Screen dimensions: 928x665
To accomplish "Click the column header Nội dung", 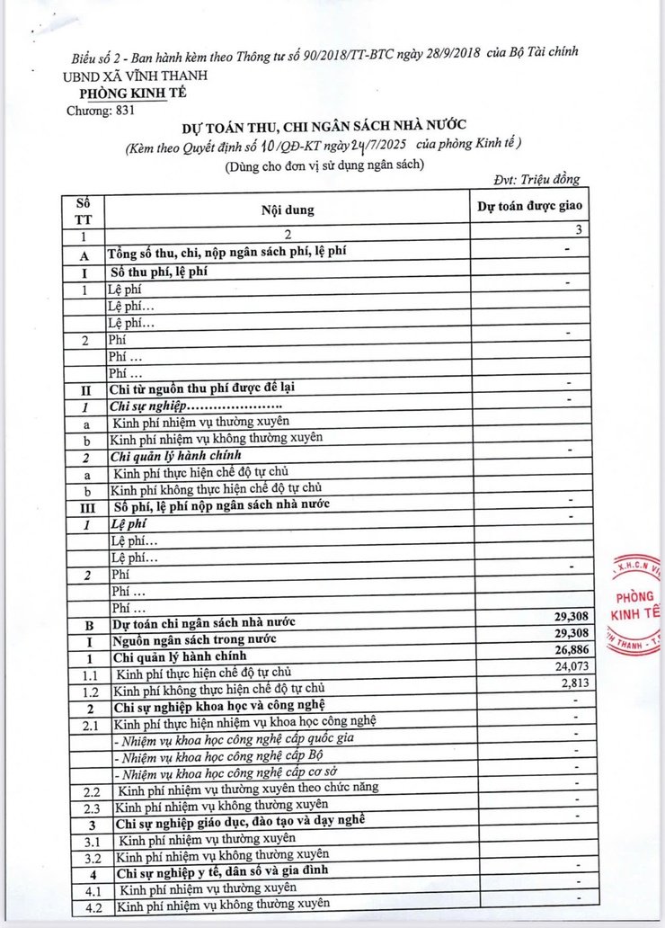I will pyautogui.click(x=288, y=210).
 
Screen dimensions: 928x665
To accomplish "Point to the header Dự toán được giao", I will pyautogui.click(x=530, y=206).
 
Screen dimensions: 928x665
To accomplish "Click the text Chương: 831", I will pyautogui.click(x=103, y=110).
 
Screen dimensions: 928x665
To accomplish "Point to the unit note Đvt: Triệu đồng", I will pyautogui.click(x=536, y=180).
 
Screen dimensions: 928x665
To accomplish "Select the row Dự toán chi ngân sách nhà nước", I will pyautogui.click(x=203, y=621).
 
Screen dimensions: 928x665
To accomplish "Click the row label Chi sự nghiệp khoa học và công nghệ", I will pyautogui.click(x=218, y=704).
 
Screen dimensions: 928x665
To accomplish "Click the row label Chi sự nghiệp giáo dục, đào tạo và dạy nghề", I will pyautogui.click(x=238, y=821).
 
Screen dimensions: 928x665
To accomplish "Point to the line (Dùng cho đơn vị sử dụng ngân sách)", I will pyautogui.click(x=324, y=163).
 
